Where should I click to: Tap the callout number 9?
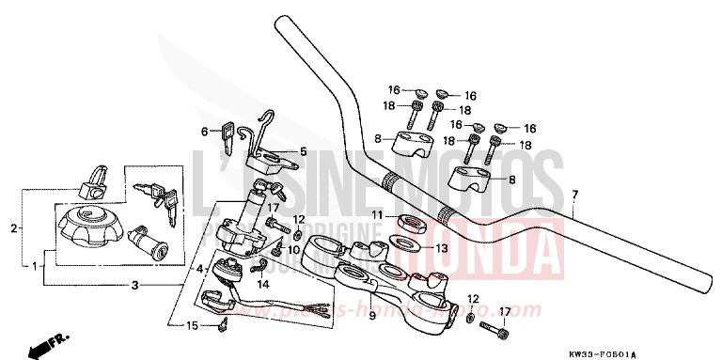point(372,316)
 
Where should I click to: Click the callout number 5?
point(303,150)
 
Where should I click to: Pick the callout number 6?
point(204,132)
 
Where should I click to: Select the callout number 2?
point(13,228)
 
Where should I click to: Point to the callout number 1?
point(34,267)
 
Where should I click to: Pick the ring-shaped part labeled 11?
point(410,225)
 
